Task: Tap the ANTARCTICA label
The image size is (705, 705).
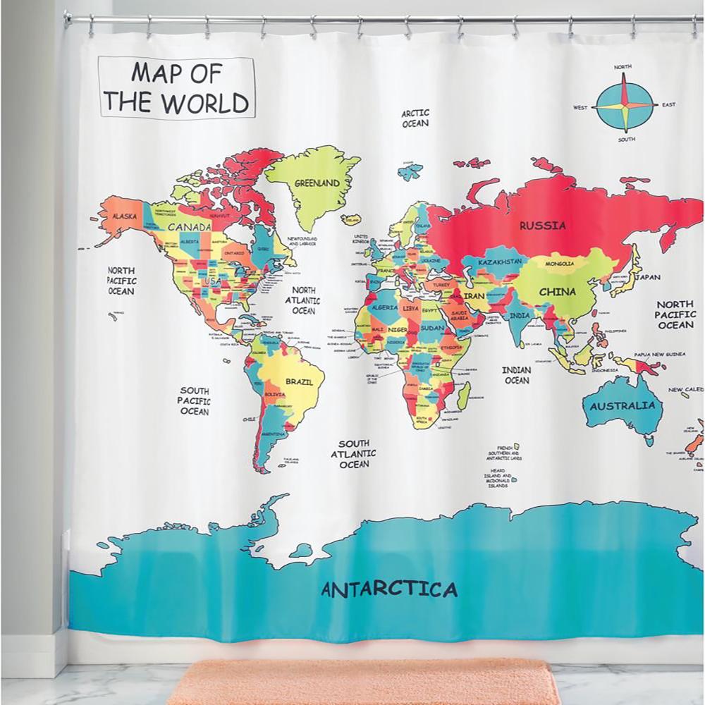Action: [x=389, y=589]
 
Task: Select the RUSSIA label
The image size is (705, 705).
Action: [x=542, y=226]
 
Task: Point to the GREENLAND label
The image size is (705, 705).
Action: [x=317, y=183]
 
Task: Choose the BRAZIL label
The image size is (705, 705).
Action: [x=299, y=381]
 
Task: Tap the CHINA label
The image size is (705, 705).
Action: [x=558, y=292]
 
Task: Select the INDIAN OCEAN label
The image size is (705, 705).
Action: [x=516, y=375]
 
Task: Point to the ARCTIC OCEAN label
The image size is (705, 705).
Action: [x=415, y=118]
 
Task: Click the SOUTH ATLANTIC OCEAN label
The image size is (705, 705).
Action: [x=354, y=454]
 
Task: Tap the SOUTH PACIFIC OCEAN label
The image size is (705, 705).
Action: [x=194, y=400]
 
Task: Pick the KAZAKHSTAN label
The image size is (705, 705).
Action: [x=500, y=262]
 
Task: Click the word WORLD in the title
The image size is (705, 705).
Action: [x=205, y=103]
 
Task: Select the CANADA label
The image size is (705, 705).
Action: [x=189, y=227]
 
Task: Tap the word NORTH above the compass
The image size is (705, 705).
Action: [x=623, y=67]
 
